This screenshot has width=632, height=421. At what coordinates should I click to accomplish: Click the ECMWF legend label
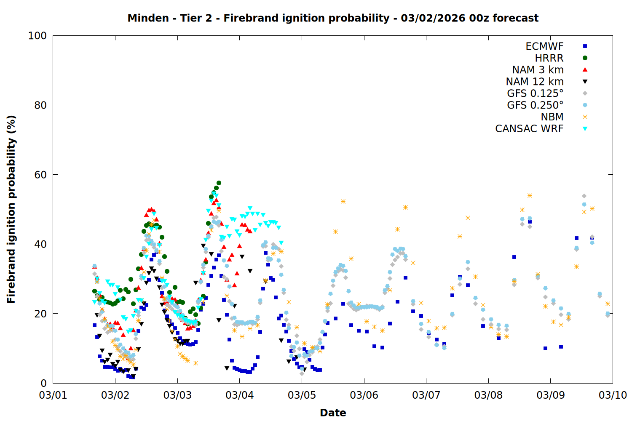point(544,46)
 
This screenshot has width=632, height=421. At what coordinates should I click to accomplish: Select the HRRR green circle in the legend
point(585,58)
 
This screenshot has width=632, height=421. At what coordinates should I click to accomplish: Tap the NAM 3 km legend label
point(538,70)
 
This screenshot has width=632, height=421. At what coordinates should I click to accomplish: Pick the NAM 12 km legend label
point(535,82)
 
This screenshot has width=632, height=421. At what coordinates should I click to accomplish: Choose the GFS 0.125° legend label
point(535,93)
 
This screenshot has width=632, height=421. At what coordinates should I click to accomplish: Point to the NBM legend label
point(552,117)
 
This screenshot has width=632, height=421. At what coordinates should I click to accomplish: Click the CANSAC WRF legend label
point(529,129)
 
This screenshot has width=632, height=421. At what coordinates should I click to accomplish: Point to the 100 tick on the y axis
point(37,36)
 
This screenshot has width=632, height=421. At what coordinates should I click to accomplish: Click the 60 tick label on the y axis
point(40,175)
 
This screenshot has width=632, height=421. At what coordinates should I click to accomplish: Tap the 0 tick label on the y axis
point(43,383)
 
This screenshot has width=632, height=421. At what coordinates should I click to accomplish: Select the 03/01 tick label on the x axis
point(53,395)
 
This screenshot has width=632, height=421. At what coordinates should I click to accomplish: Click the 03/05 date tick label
point(302,395)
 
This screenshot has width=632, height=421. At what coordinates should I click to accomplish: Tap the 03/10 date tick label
point(613,395)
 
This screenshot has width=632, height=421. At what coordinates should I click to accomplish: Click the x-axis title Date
point(333,413)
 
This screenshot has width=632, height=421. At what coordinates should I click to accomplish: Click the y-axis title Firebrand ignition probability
point(11,209)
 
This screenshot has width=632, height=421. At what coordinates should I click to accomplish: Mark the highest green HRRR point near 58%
point(219,183)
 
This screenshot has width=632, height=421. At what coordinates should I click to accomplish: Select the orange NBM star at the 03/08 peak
point(530,195)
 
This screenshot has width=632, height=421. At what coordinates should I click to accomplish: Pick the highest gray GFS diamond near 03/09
point(584,196)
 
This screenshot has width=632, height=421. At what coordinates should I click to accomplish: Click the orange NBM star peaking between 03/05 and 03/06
point(343,202)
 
